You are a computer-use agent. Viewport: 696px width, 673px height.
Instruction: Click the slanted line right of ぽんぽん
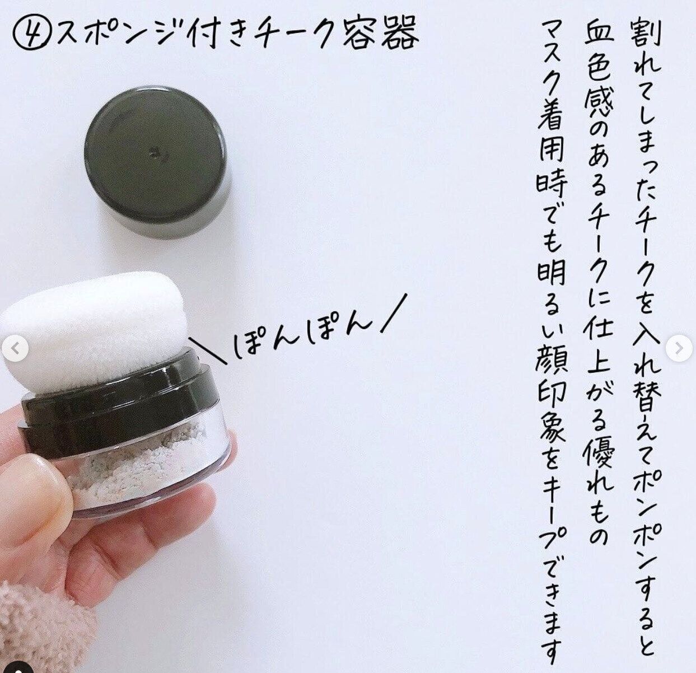point(394,313)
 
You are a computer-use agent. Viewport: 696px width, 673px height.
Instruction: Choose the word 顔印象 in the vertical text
point(551,389)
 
